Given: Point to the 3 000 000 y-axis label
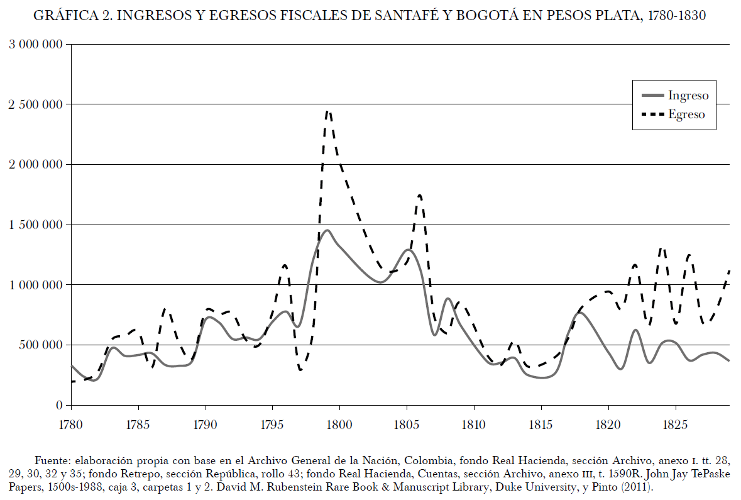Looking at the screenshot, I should coord(36,44).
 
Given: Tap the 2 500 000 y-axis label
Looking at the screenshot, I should coord(36,104).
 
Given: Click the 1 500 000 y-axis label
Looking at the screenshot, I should coord(36,225).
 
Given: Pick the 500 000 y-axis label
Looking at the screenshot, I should coord(41,345).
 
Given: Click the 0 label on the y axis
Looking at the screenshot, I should coord(58,406).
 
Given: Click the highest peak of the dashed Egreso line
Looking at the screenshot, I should coord(328,111).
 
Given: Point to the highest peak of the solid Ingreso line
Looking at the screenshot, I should coord(327,230).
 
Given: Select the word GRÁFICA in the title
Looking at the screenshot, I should coord(62,16).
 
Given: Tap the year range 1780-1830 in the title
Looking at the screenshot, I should coord(676,16).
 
